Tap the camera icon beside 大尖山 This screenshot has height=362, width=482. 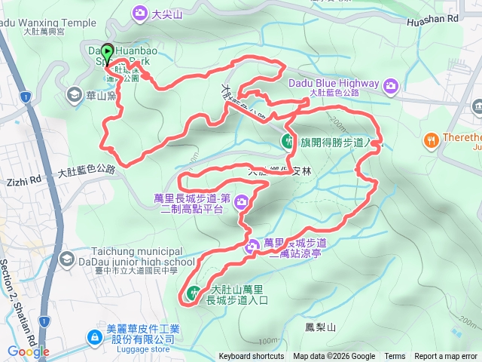[140, 13]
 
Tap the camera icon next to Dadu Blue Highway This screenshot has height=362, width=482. [391, 85]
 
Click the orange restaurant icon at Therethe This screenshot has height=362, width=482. [431, 140]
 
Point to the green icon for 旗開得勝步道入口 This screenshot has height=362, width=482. [288, 140]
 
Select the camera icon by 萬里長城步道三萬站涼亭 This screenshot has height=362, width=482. [253, 247]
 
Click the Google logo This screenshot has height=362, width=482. [28, 351]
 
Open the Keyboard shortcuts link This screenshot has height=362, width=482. [252, 357]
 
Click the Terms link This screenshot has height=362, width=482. [395, 357]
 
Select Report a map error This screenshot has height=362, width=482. [447, 357]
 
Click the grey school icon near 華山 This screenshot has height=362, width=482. [74, 94]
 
